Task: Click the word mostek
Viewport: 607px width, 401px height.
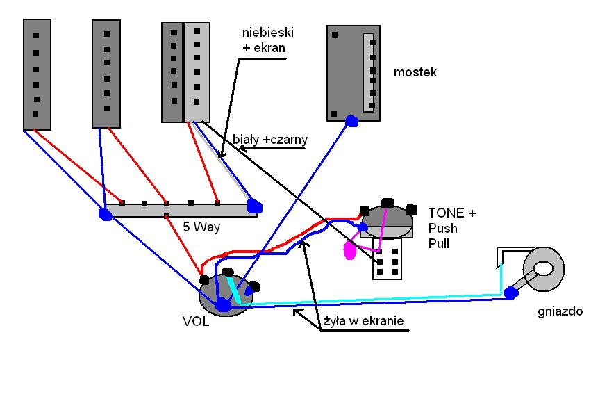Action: (x=415, y=72)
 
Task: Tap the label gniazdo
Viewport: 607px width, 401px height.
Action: (x=560, y=311)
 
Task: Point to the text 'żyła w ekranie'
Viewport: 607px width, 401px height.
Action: (x=363, y=322)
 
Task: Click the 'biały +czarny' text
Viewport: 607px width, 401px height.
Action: (x=269, y=140)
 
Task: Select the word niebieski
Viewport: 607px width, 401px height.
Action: (x=267, y=32)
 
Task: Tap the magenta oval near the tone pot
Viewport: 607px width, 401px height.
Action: (x=350, y=250)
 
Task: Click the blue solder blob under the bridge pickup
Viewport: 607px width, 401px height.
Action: (x=351, y=122)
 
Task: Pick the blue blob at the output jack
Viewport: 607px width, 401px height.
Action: (x=511, y=293)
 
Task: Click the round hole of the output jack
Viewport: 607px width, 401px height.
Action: (x=544, y=268)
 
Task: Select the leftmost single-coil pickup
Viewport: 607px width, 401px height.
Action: (x=37, y=74)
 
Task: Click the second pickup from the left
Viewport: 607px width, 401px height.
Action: (x=106, y=74)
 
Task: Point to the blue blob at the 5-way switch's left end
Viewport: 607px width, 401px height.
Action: (x=106, y=214)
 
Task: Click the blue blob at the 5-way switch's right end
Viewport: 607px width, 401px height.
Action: (x=254, y=206)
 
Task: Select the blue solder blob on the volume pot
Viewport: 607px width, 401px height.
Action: (x=223, y=304)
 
